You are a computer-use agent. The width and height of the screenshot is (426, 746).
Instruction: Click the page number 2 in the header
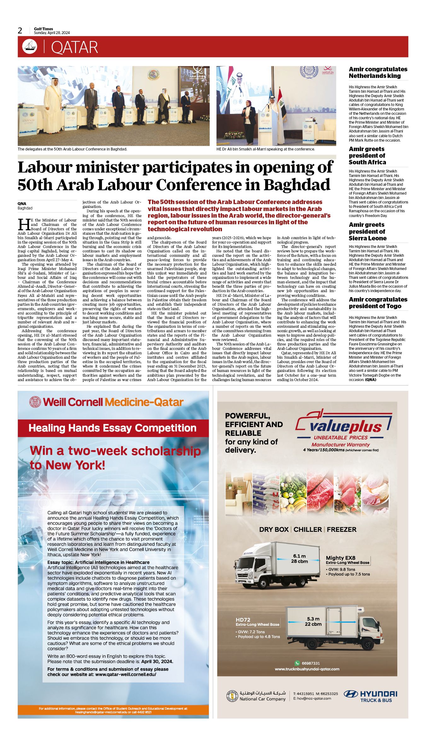pos(20,31)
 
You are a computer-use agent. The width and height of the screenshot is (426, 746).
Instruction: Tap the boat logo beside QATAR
pos(30,47)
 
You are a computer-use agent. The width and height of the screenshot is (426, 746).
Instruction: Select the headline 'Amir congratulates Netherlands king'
pos(378,73)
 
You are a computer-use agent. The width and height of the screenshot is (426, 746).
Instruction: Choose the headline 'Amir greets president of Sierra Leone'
pos(367,232)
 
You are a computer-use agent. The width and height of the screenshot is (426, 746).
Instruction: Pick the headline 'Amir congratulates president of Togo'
pos(378,303)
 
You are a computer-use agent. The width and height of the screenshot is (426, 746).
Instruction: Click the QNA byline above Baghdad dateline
pos(22,203)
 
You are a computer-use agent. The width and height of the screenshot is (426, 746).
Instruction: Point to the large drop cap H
pos(24,225)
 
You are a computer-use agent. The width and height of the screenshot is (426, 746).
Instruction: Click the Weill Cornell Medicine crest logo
pos(35,402)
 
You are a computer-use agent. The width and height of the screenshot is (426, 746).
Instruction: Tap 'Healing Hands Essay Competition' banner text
pos(113,428)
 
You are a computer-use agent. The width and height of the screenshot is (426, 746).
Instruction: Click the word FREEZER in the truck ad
pos(341,530)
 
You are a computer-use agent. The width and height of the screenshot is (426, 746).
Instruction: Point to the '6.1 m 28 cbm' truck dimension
pos(299,559)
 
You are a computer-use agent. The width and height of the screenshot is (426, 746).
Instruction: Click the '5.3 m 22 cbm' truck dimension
pos(313,621)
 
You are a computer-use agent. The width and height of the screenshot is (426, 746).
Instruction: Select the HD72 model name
pos(243,620)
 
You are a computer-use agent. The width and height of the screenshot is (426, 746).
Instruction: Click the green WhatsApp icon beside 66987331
pos(297,663)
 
